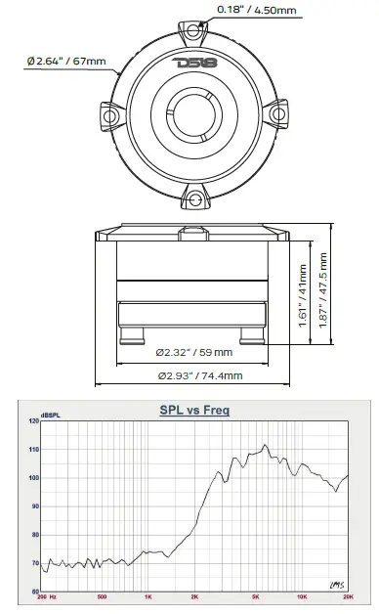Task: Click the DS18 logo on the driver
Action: [194, 63]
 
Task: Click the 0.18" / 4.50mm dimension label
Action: [257, 10]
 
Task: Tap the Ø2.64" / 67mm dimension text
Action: [66, 61]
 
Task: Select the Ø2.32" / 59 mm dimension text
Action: [194, 352]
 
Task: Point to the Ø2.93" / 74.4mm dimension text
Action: [200, 375]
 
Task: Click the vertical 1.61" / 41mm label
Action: [303, 295]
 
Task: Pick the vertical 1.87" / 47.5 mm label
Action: [323, 290]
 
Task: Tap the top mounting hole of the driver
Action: [192, 31]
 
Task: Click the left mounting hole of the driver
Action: [109, 116]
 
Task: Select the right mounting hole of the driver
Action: [278, 114]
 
